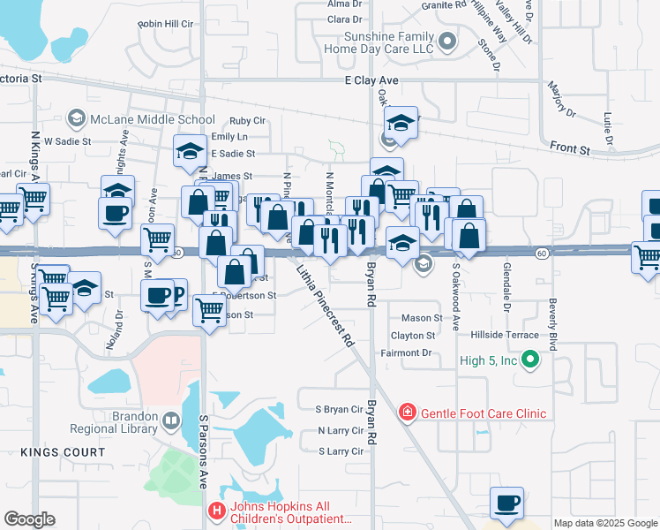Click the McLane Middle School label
click(152, 119)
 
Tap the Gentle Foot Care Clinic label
click(483, 413)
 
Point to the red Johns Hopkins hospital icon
click(216, 511)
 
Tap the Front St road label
click(569, 150)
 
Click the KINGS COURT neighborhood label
click(64, 452)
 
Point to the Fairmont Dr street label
click(405, 353)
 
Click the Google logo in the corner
click(29, 519)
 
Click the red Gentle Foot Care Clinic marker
click(407, 413)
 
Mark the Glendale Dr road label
click(507, 286)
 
